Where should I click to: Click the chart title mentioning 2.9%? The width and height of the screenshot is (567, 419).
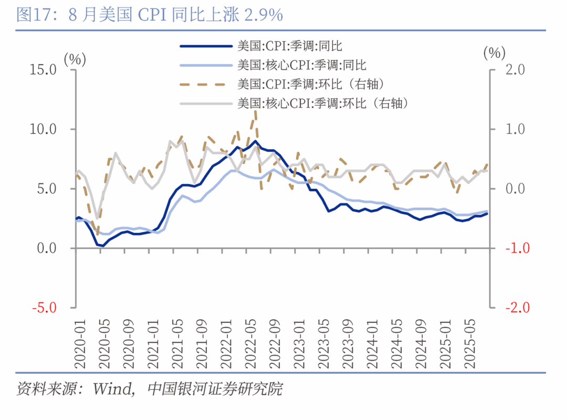pos(150,15)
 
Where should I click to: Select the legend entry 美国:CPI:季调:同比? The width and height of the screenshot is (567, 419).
pos(289,46)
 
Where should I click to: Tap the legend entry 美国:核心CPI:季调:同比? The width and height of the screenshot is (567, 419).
pos(301,65)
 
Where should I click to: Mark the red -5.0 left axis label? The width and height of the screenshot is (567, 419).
pos(42,308)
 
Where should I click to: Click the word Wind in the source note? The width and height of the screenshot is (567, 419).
pos(112,389)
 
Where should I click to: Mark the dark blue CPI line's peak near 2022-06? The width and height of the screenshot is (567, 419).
pos(255,141)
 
